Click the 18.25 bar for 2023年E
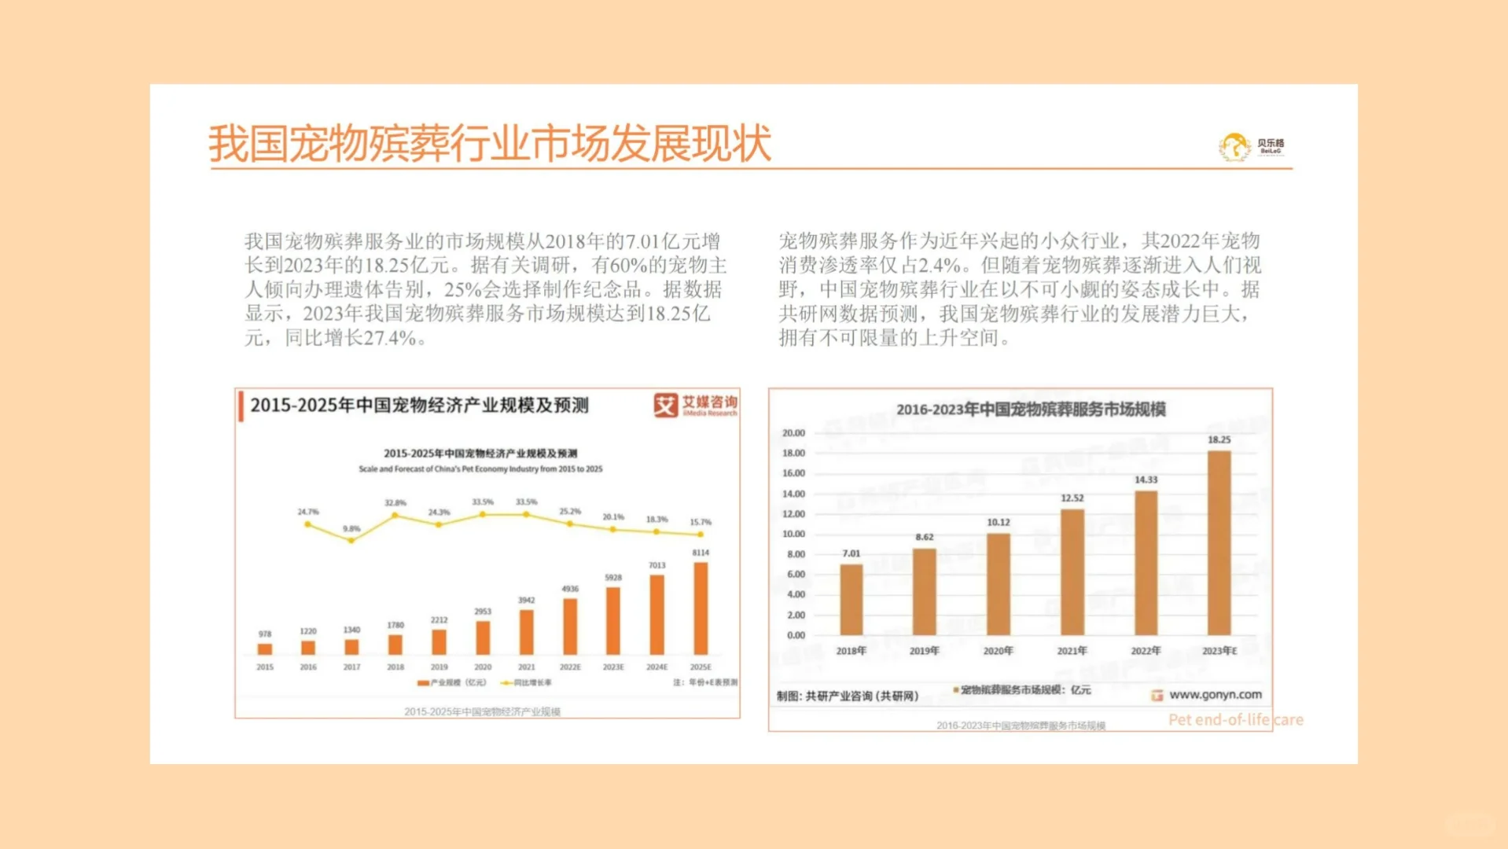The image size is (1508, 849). [x=1219, y=542]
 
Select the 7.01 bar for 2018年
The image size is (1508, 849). [x=851, y=599]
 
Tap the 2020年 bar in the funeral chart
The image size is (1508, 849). [x=998, y=584]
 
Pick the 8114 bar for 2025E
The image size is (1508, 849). [x=701, y=608]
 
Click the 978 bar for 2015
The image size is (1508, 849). [x=265, y=649]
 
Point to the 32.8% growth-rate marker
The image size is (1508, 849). [x=395, y=516]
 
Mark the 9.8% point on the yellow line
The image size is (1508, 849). [x=351, y=541]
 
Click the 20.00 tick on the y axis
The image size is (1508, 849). [x=793, y=433]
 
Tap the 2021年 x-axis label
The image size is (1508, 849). [x=1072, y=651]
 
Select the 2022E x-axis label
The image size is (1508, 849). [x=570, y=667]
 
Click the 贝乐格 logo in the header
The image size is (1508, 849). [x=1252, y=145]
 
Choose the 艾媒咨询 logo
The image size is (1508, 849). [x=696, y=405]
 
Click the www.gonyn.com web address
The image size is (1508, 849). [x=1215, y=695]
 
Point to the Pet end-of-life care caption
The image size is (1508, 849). [x=1235, y=720]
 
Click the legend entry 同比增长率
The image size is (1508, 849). [x=527, y=683]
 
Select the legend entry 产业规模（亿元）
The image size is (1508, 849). [x=453, y=683]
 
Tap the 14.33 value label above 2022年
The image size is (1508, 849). [x=1146, y=480]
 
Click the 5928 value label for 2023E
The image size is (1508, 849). [x=613, y=578]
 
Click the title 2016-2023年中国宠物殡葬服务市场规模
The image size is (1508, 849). [x=1031, y=410]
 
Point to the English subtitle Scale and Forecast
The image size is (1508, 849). [x=480, y=469]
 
